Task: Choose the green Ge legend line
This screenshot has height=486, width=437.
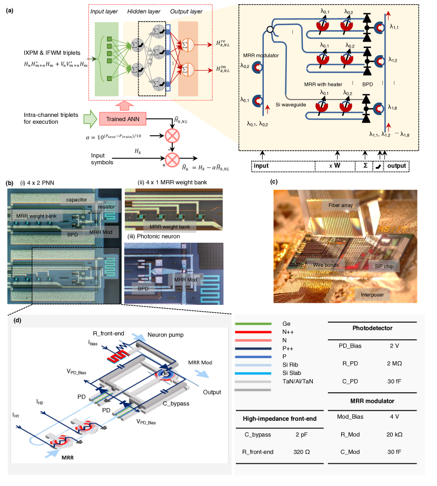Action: pyautogui.click(x=254, y=324)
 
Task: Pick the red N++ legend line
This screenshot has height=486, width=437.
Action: pyautogui.click(x=254, y=333)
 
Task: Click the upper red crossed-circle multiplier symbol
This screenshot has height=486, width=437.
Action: pyautogui.click(x=170, y=135)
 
